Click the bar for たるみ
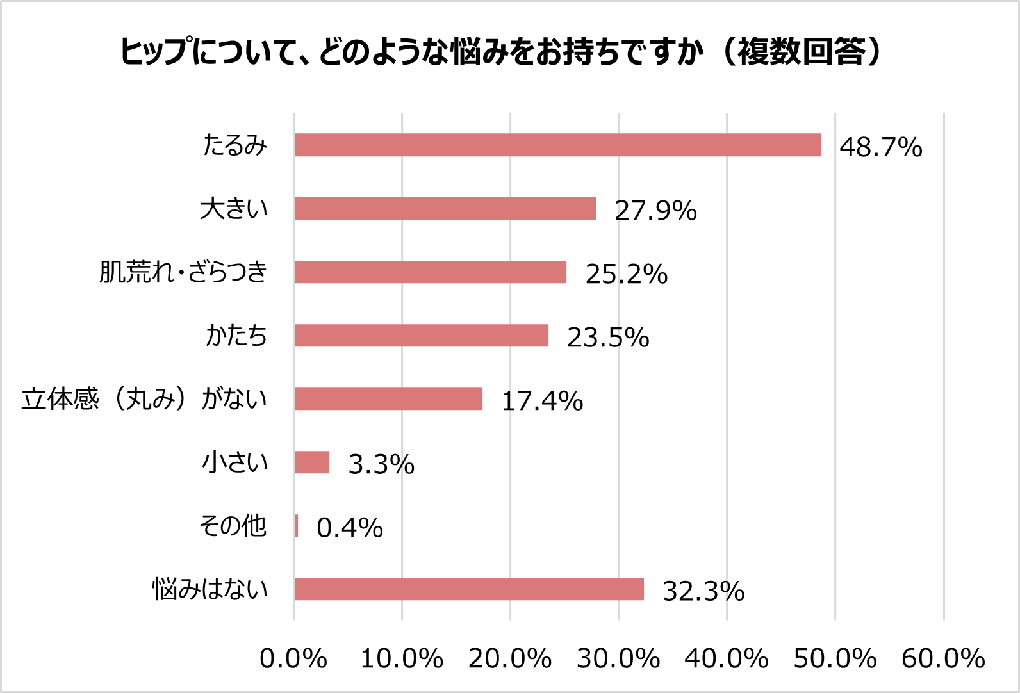(x=557, y=145)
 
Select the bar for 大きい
(x=445, y=208)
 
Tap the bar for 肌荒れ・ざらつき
(x=430, y=272)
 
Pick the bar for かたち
(x=421, y=335)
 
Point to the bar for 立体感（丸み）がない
(x=388, y=398)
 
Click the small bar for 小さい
(x=312, y=462)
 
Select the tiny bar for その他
(x=297, y=526)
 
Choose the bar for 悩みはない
(x=469, y=589)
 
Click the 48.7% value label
(x=881, y=147)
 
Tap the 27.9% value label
(x=655, y=211)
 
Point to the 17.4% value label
(x=542, y=401)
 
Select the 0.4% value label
(x=350, y=528)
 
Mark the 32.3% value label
(x=703, y=591)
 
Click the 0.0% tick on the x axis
(x=293, y=658)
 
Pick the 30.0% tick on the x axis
(x=618, y=658)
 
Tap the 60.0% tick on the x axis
(x=943, y=658)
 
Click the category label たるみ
(x=234, y=145)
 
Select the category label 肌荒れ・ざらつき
(x=183, y=272)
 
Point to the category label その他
(x=233, y=526)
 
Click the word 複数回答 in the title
(x=801, y=51)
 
